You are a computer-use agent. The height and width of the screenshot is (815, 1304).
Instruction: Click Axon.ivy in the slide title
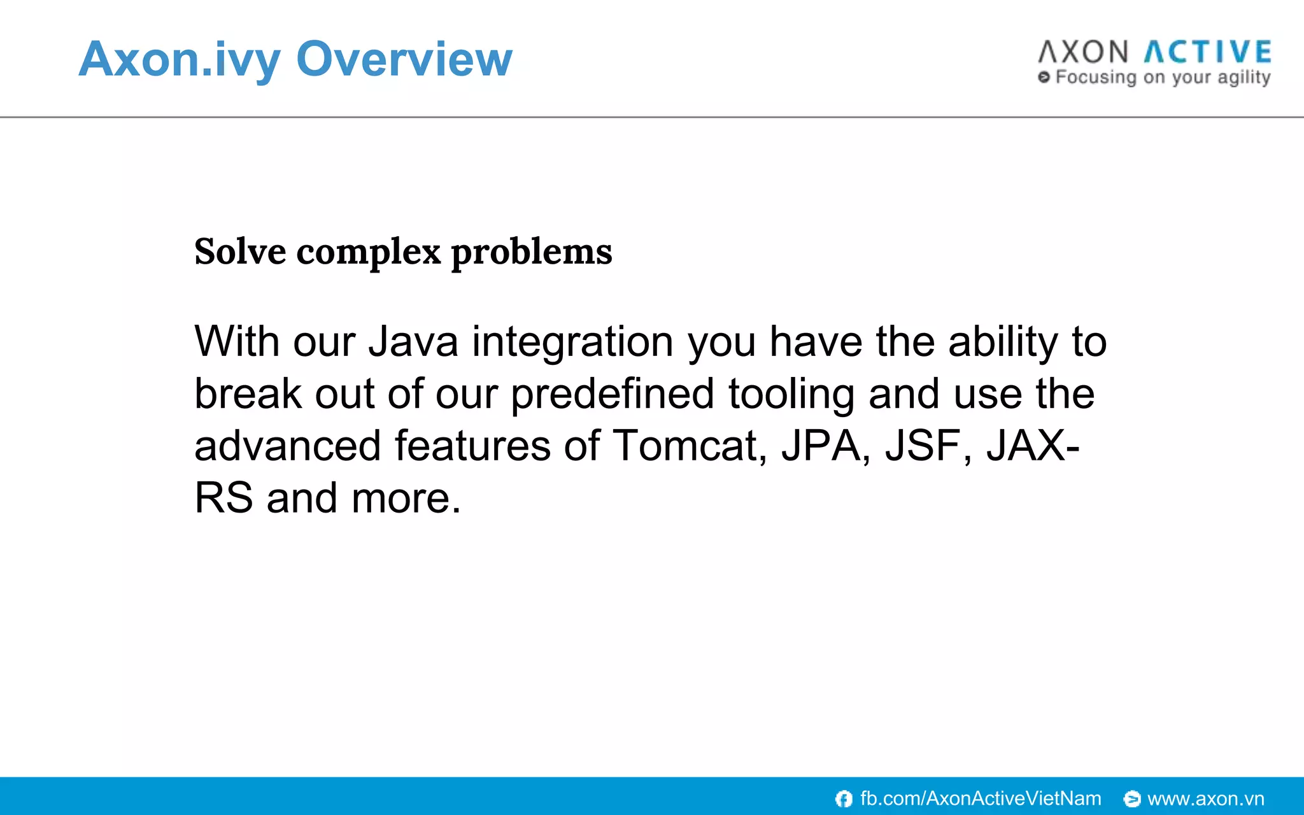[x=180, y=59]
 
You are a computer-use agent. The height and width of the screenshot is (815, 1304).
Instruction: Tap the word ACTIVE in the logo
[x=1208, y=52]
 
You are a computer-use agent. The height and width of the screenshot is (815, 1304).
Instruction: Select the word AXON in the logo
[x=1083, y=52]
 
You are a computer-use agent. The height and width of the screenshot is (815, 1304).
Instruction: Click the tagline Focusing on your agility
[x=1162, y=78]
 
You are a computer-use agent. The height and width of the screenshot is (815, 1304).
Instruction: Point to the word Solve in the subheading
[x=240, y=252]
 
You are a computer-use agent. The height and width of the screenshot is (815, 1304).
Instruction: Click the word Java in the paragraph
[x=413, y=342]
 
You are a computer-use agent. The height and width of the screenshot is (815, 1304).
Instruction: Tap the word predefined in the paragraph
[x=612, y=394]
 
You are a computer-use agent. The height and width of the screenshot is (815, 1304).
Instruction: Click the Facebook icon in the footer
[x=844, y=798]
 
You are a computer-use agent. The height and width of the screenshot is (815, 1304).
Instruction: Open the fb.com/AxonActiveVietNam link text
[x=981, y=798]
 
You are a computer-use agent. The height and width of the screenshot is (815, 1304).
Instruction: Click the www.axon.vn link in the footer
[x=1205, y=798]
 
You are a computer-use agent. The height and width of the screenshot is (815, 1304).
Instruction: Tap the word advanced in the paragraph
[x=287, y=446]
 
